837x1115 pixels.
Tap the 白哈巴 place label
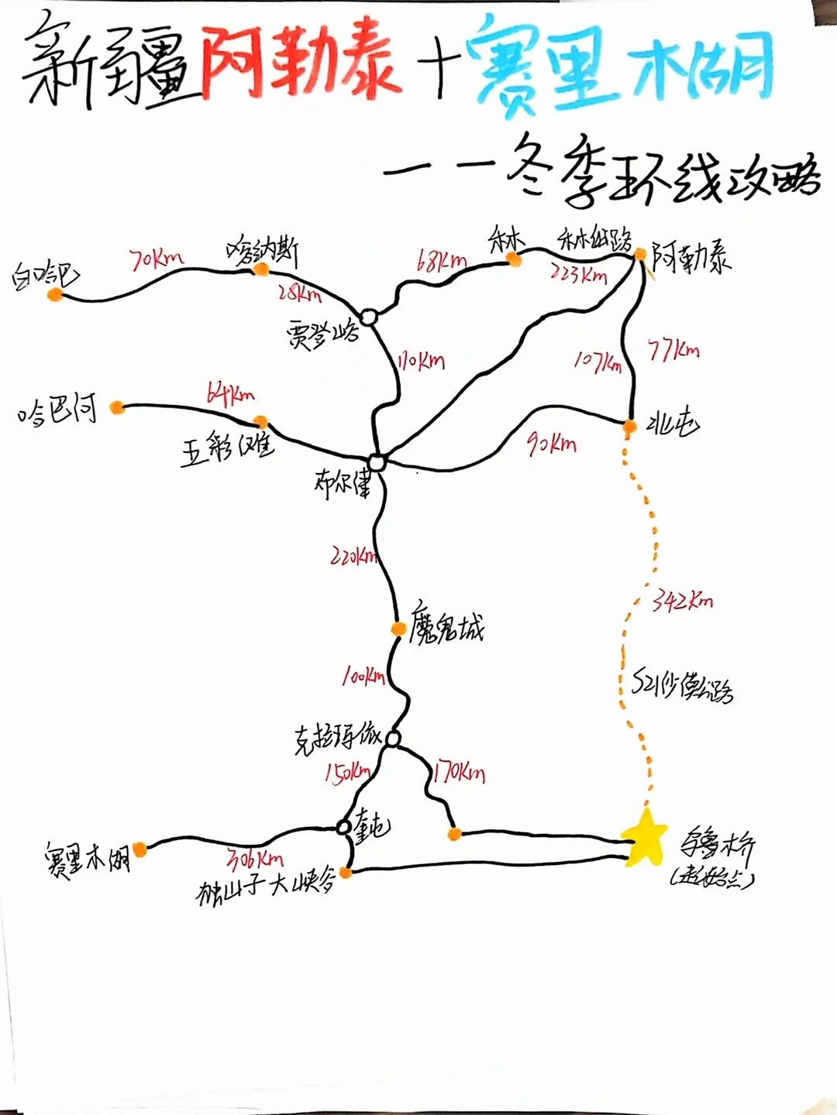click(x=45, y=275)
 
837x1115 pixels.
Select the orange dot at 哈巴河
click(x=117, y=407)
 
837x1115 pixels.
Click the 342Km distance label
click(x=682, y=600)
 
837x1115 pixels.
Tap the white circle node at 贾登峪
click(x=369, y=317)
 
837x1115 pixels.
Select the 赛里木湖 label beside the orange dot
click(x=87, y=858)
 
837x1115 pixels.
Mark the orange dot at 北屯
click(x=629, y=427)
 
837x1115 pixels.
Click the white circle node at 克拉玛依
click(x=393, y=739)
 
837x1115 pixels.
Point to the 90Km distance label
click(x=552, y=444)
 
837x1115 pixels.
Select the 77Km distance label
click(x=673, y=351)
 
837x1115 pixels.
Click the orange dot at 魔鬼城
click(x=398, y=629)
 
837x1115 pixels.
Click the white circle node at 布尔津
click(x=377, y=463)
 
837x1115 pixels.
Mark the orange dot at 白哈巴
click(x=54, y=294)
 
